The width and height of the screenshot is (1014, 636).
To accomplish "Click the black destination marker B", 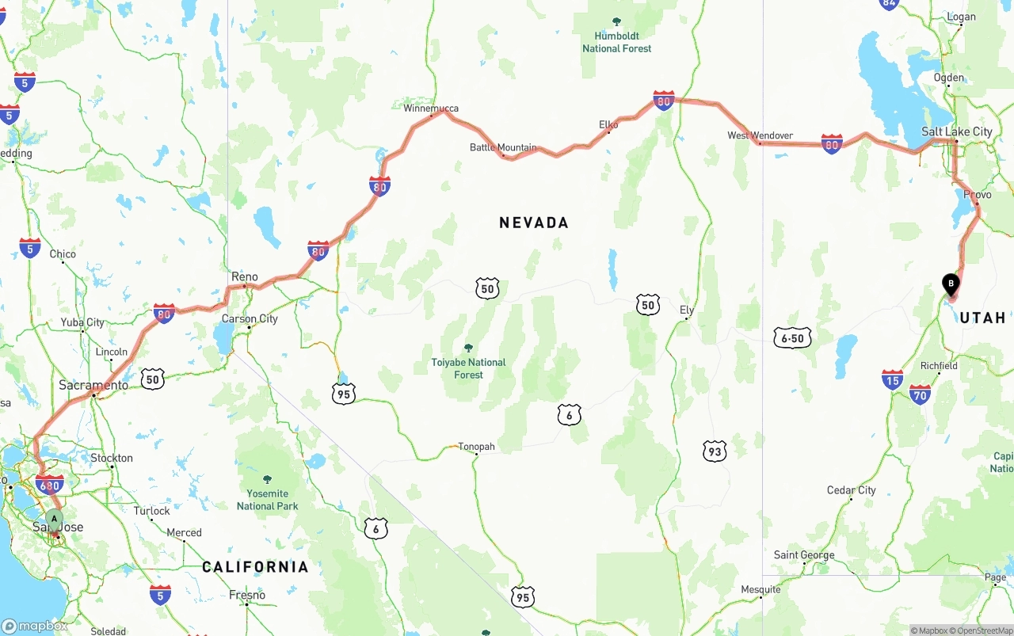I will (x=951, y=284).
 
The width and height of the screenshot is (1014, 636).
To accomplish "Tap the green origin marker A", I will (x=54, y=520).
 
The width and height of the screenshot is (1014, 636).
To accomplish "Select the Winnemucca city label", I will (x=431, y=109).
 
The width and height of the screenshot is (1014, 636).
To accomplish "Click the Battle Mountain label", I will (x=503, y=147).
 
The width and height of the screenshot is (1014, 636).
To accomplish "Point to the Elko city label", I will (x=608, y=125).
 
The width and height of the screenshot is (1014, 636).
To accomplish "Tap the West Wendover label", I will (x=760, y=135).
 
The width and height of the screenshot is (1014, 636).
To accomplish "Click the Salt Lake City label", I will (x=956, y=131).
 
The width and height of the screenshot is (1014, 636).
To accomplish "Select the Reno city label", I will (x=244, y=277).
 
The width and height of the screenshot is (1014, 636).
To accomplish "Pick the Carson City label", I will (x=250, y=319).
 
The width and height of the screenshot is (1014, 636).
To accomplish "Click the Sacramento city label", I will (x=93, y=386).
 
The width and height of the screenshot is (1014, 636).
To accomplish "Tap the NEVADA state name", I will (x=534, y=223).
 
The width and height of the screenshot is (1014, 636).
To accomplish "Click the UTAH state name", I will (x=982, y=318).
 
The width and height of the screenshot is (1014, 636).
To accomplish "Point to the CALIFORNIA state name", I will (x=255, y=567).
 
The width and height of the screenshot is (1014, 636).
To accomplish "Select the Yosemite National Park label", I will (x=267, y=500).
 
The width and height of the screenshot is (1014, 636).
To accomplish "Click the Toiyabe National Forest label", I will (x=468, y=368).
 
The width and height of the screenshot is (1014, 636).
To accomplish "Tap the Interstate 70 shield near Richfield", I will (x=920, y=394).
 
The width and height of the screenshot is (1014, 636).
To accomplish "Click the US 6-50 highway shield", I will (x=792, y=339).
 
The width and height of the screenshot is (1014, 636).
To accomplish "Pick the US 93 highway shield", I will (x=715, y=451).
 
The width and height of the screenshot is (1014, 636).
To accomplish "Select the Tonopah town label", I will (x=476, y=447).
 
